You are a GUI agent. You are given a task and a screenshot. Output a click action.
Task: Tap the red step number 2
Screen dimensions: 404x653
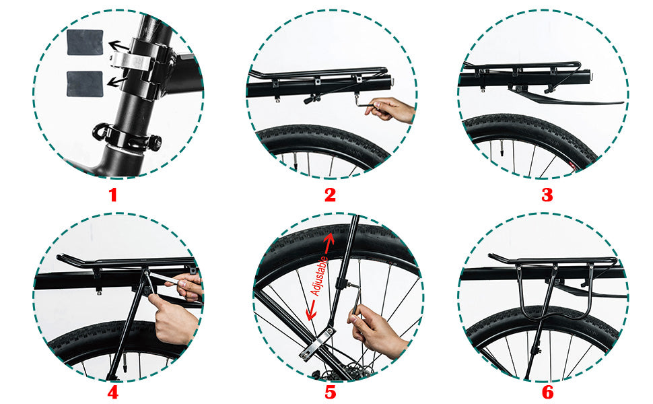point(330,195)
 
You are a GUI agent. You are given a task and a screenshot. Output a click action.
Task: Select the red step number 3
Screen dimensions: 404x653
point(547,195)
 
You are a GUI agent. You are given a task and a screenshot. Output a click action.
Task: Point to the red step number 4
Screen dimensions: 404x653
point(112,391)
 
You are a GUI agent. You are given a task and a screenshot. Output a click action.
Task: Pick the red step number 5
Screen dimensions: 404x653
point(330,391)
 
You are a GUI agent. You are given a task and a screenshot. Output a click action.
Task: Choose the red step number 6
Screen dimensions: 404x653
point(547,391)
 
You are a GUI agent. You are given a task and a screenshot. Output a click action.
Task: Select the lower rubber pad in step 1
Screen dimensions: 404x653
point(84,83)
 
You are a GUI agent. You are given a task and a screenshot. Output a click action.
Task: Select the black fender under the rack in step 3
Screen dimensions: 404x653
point(572,100)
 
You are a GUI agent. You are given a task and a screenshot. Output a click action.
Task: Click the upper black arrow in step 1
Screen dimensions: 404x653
point(118,46)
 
